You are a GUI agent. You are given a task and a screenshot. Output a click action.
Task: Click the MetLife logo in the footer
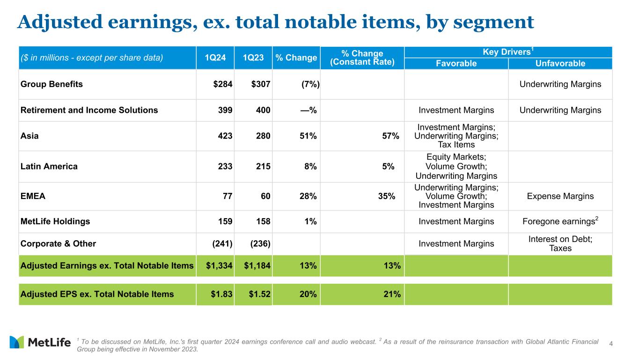coord(40,342)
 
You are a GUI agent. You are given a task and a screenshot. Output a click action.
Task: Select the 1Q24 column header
coord(215,58)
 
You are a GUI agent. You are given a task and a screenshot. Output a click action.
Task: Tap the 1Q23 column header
coord(253,58)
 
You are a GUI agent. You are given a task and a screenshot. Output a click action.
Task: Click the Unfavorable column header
coord(560,64)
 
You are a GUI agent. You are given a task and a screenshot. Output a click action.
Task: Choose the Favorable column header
coord(456,64)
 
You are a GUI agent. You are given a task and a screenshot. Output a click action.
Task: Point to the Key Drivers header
coord(507,52)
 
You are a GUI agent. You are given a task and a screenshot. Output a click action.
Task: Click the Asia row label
coord(29,136)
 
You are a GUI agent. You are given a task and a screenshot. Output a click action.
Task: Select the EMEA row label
coord(33,196)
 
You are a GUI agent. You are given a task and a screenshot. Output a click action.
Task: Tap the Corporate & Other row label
coord(58,243)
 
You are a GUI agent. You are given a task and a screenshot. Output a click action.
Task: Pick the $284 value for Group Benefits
coord(223,84)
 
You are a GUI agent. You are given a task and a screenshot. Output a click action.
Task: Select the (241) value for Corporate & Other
coord(220,243)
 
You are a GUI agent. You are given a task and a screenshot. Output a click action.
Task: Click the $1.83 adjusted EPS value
coord(222,294)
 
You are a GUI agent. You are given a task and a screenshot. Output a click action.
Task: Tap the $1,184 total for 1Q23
coord(257,266)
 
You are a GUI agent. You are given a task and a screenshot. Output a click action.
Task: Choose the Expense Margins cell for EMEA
coord(560,196)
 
